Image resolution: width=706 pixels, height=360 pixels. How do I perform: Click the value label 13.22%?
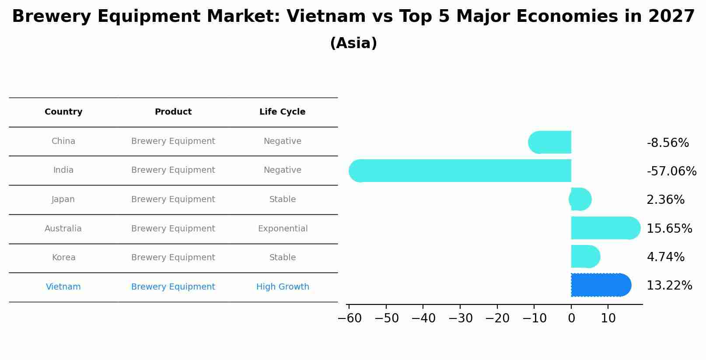pyautogui.click(x=669, y=286)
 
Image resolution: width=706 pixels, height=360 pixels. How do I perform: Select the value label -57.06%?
pyautogui.click(x=671, y=171)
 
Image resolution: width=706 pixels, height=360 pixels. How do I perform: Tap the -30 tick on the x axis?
pyautogui.click(x=460, y=318)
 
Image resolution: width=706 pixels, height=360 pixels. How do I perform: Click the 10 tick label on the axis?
pyautogui.click(x=608, y=318)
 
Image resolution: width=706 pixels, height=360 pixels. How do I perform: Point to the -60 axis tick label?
pyautogui.click(x=350, y=318)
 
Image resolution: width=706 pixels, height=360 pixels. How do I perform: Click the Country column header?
pyautogui.click(x=63, y=112)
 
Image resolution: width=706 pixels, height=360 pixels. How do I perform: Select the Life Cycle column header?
pyautogui.click(x=282, y=112)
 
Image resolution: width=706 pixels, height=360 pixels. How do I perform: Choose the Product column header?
pyautogui.click(x=173, y=112)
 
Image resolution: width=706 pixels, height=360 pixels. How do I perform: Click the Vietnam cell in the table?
pyautogui.click(x=63, y=287)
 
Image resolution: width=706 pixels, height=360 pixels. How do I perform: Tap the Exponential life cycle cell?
pyautogui.click(x=283, y=229)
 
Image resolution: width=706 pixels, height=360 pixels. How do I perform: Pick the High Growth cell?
pyautogui.click(x=283, y=287)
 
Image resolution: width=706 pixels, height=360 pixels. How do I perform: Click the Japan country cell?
pyautogui.click(x=63, y=199)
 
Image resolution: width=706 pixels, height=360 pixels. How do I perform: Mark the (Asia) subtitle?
pyautogui.click(x=353, y=43)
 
